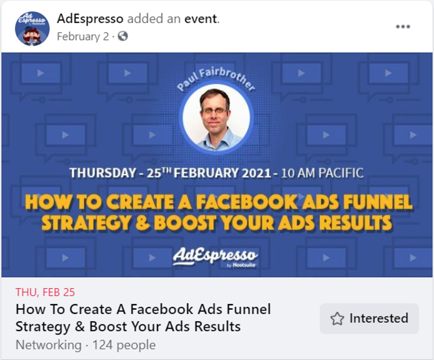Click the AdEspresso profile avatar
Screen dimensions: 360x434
tap(32, 29)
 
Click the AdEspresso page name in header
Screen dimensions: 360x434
tap(90, 19)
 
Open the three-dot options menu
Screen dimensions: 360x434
tap(403, 26)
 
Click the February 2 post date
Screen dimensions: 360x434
tap(83, 36)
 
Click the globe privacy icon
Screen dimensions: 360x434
tap(123, 36)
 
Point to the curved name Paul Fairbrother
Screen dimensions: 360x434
tap(216, 78)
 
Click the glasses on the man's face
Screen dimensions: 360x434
tap(215, 111)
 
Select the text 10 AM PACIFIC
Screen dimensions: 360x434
tap(322, 173)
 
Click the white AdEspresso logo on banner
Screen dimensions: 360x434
tap(216, 256)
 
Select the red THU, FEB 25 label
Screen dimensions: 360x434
tap(45, 292)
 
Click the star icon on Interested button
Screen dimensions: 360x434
tap(337, 319)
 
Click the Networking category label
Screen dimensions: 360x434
tap(48, 345)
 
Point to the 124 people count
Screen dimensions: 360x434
tap(124, 345)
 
